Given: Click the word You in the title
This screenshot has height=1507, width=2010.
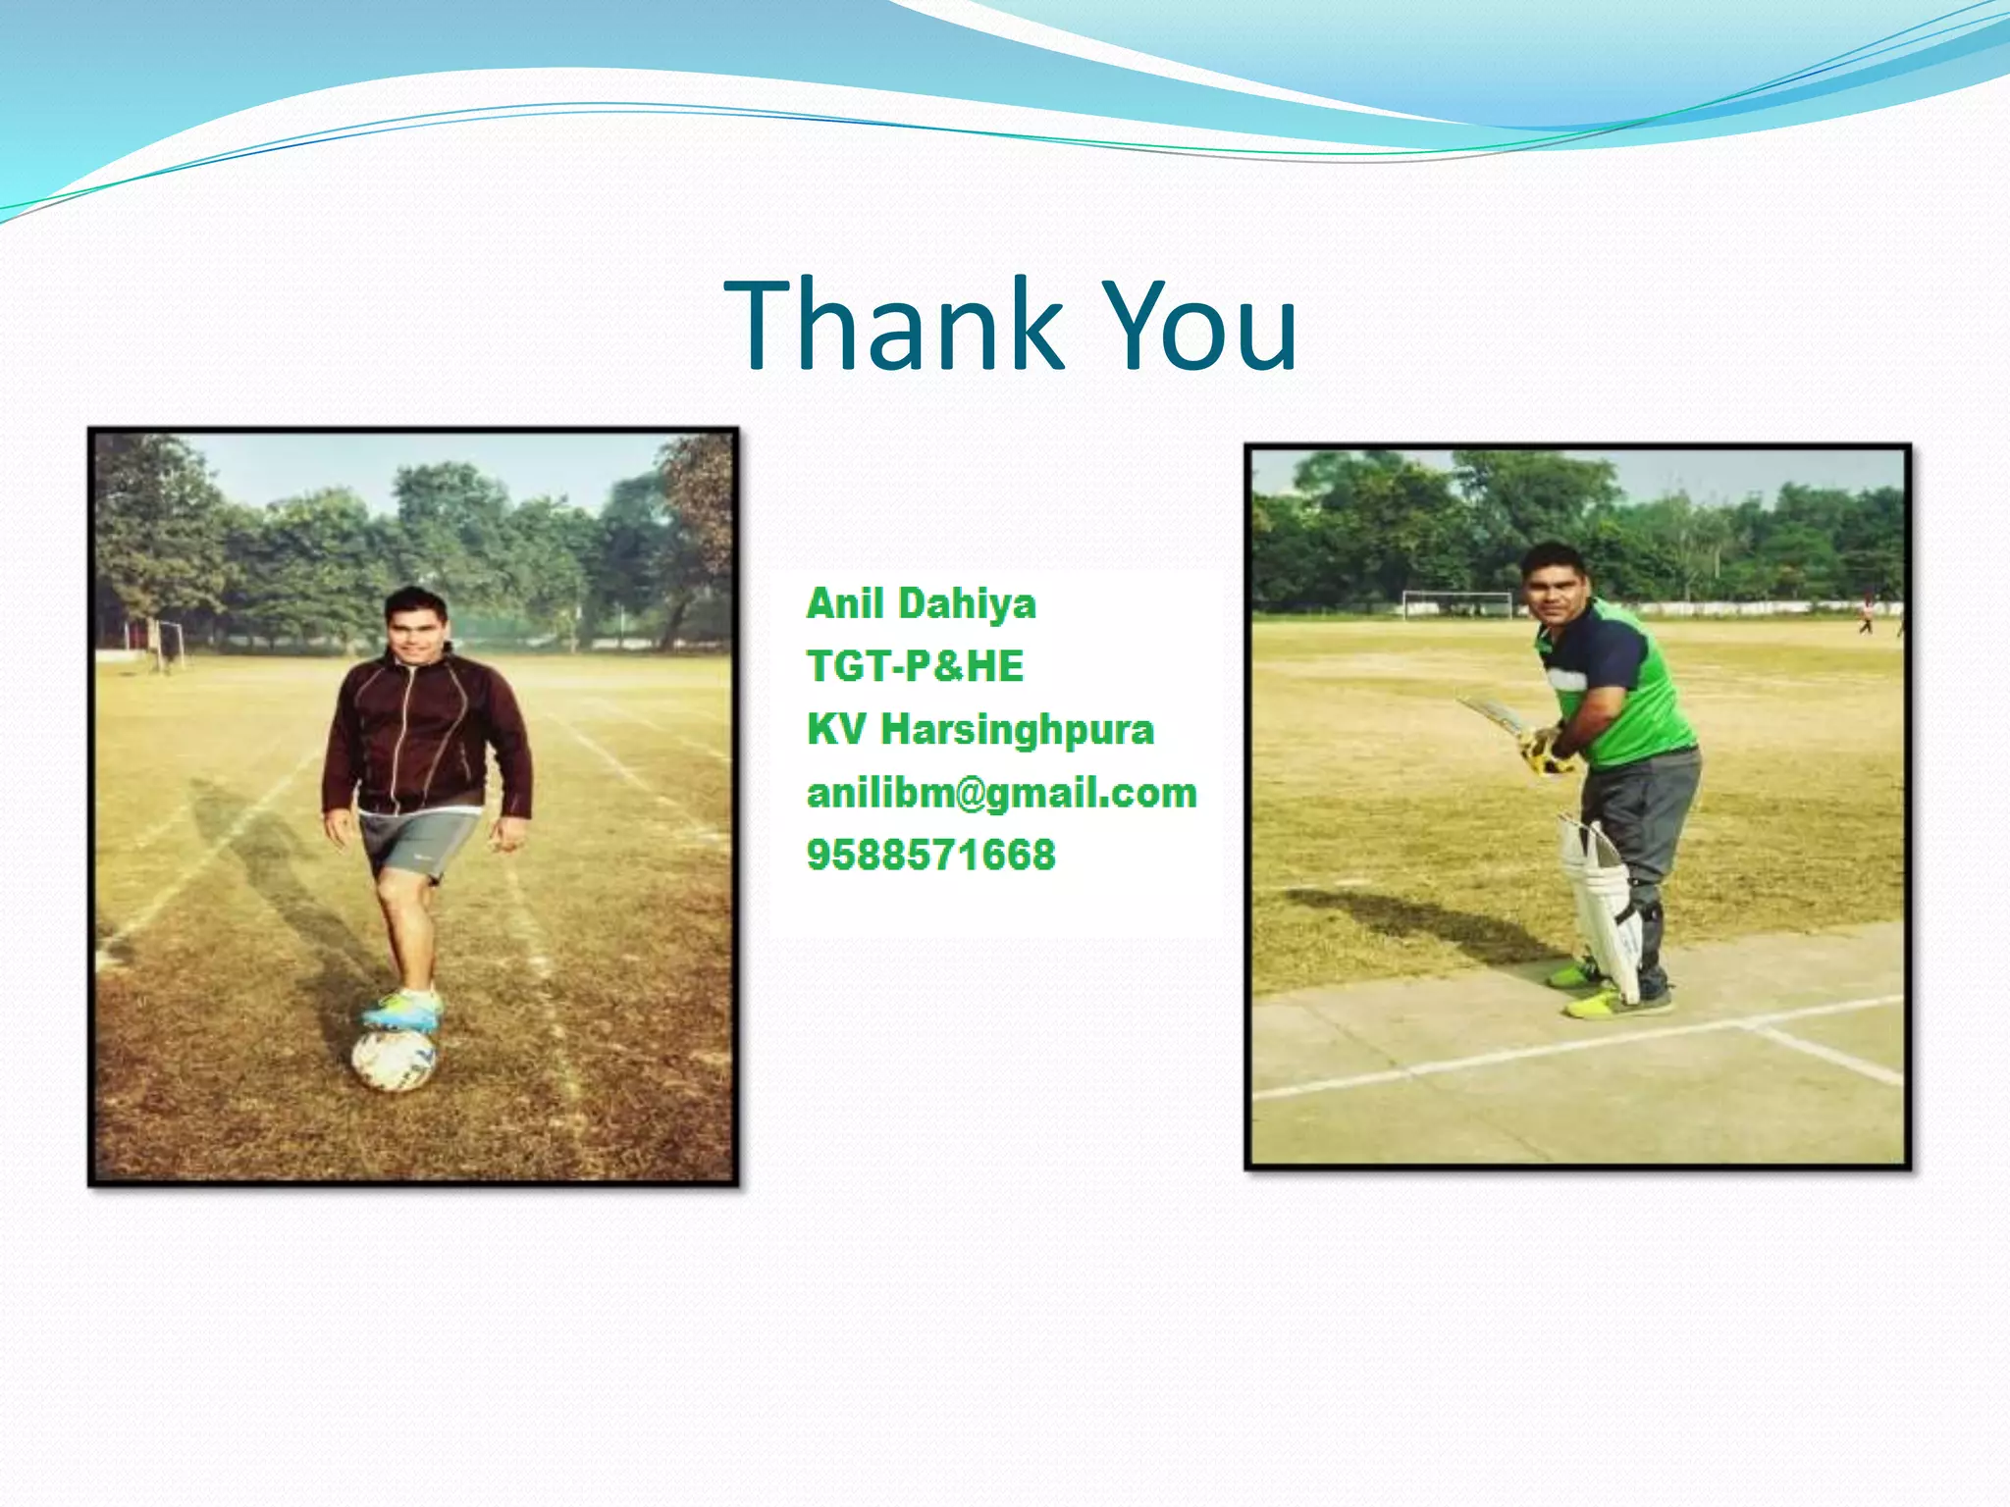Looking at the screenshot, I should point(1201,326).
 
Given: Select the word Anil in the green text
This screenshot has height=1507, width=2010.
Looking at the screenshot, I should point(845,603).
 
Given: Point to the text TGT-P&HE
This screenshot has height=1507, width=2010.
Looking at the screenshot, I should point(915,667).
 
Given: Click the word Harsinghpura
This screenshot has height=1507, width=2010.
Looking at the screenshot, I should point(1017,730).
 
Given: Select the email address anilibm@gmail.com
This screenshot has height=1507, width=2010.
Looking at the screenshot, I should point(1001,793).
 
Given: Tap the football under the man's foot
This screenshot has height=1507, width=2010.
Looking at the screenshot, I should point(394,1060).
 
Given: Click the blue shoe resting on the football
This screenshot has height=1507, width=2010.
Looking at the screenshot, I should point(402,1011).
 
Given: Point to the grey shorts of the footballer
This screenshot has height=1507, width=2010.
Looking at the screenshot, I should point(417,842).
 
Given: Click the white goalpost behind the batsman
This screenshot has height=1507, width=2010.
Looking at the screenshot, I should point(1456,602).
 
